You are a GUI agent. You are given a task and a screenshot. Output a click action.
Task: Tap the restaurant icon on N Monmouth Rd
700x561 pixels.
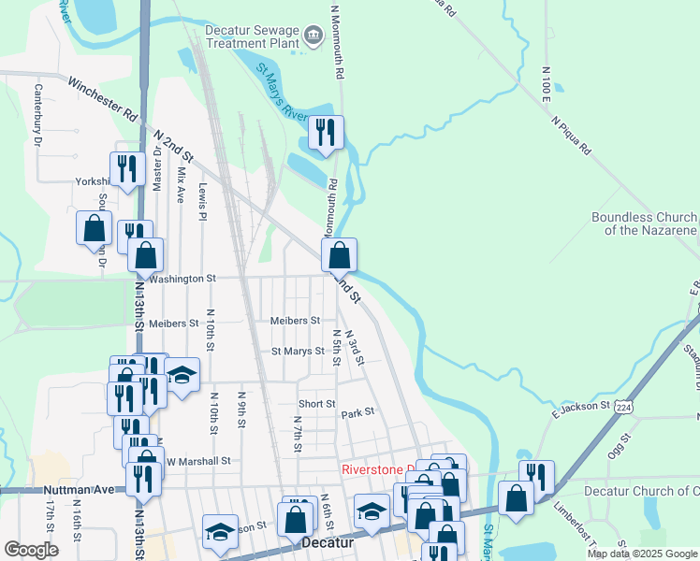[326, 132]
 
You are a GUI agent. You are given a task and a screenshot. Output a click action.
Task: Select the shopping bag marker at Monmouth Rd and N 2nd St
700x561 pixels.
[339, 254]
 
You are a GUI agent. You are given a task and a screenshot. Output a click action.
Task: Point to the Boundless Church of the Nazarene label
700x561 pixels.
[644, 223]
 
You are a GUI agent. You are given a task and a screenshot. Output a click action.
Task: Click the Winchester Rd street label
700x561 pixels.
[102, 98]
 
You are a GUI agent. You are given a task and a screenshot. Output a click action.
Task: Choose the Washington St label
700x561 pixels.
[182, 279]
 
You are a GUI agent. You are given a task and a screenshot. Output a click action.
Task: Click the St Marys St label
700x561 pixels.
[297, 352]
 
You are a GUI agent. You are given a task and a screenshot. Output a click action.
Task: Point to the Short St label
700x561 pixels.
[316, 404]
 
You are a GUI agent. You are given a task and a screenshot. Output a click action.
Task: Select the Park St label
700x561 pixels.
[357, 412]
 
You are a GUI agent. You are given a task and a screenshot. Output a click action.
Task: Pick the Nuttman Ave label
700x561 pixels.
[78, 489]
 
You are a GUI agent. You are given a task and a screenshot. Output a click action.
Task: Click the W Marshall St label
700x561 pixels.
[198, 461]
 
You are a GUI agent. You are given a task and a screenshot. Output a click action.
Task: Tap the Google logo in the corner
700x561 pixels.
[31, 550]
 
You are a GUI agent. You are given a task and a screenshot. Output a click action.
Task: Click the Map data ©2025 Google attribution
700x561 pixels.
[641, 554]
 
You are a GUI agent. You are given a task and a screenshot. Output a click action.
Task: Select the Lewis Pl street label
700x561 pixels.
[202, 201]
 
